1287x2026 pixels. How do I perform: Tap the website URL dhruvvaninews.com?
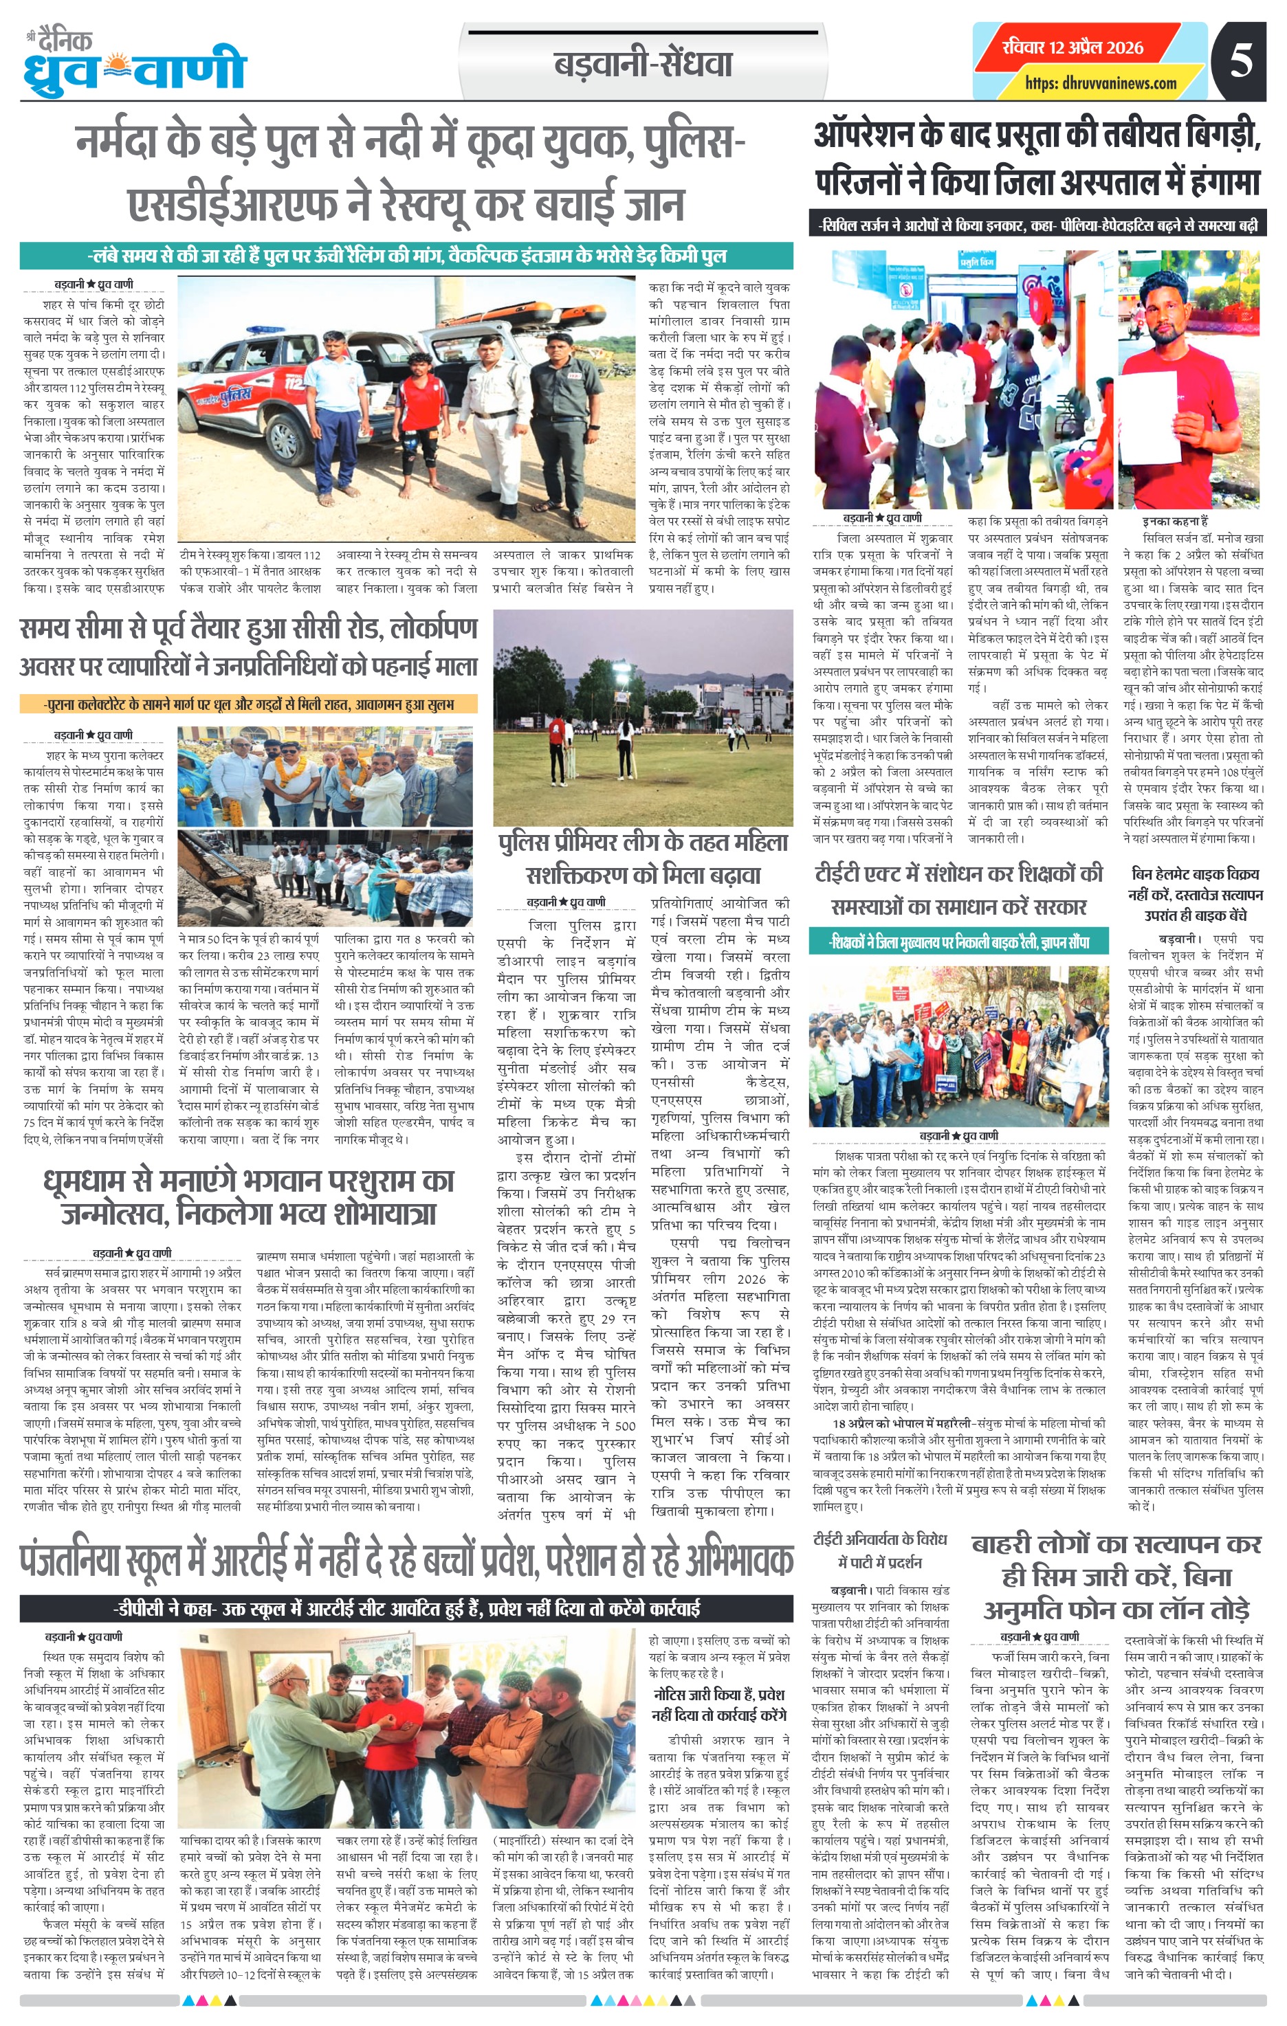(x=1100, y=82)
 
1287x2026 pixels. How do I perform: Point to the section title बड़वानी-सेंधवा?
(x=643, y=65)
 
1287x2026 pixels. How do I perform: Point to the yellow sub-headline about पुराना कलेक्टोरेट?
(x=249, y=703)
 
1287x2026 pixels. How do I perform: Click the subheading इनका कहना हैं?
(x=1175, y=522)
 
